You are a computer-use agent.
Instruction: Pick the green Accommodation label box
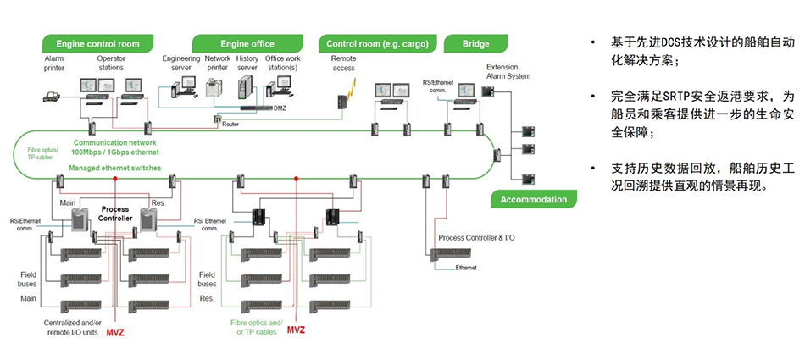point(533,200)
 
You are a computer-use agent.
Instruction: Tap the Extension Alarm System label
point(508,71)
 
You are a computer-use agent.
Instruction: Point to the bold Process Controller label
point(116,213)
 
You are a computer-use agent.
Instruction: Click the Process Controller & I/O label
point(476,238)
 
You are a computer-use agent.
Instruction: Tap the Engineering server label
point(180,64)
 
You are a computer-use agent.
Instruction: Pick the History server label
point(247,64)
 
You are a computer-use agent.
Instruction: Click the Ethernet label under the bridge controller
point(466,268)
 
